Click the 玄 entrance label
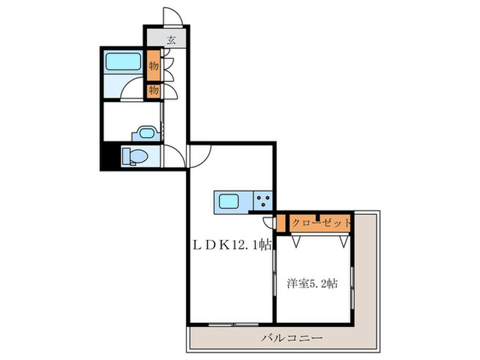coord(169,40)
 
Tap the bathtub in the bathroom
coord(123,63)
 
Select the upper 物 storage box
coord(153,67)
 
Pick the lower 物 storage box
coord(153,90)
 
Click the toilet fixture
coord(134,157)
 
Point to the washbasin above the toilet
coord(145,132)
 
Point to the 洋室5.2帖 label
coord(313,281)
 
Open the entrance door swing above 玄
coord(171,18)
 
